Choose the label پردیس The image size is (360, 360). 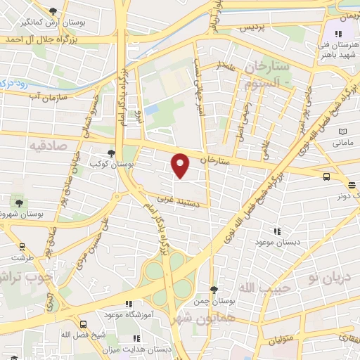click(x=252, y=27)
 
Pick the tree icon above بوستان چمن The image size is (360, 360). click(x=214, y=289)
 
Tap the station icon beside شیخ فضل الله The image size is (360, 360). click(x=84, y=324)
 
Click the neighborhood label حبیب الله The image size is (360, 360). click(x=255, y=288)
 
